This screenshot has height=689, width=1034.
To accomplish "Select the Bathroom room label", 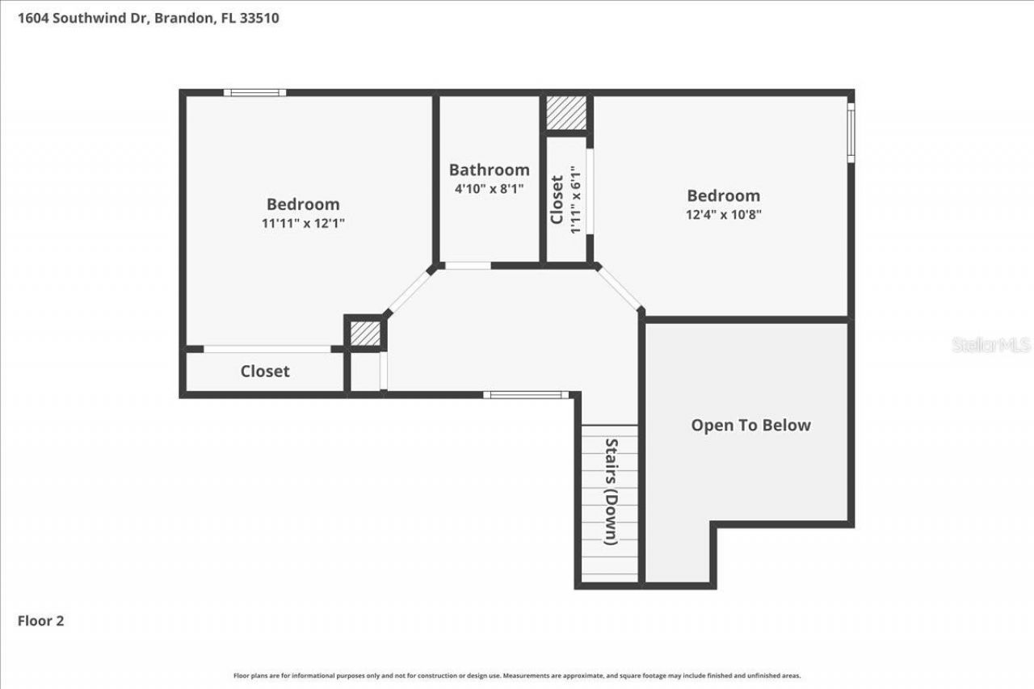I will pos(489,170).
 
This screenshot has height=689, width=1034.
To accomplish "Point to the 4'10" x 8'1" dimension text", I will pos(489,188).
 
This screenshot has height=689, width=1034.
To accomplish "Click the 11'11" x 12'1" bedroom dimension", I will pos(303,223).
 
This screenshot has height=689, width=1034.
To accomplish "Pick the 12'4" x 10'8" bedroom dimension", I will pos(723,214).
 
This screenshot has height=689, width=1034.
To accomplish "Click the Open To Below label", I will pos(750,425).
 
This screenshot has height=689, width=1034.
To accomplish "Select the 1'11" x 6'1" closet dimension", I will pos(575,200).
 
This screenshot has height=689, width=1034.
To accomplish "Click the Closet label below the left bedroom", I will pos(265,371).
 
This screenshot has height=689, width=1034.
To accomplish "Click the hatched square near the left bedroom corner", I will pos(365,333).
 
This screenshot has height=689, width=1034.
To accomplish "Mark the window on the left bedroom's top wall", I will pos(254,93).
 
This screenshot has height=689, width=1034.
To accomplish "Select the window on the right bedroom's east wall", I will pos(851,132).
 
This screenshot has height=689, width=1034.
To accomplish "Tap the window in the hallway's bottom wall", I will pos(526,395).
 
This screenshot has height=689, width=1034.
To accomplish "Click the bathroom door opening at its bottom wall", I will pos(468,265).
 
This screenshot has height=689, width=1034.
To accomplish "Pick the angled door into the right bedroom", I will pos(620,287).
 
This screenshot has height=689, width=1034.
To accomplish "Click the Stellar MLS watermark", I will pos(991,345).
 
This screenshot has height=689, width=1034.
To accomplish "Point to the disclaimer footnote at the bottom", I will pos(517,675).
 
